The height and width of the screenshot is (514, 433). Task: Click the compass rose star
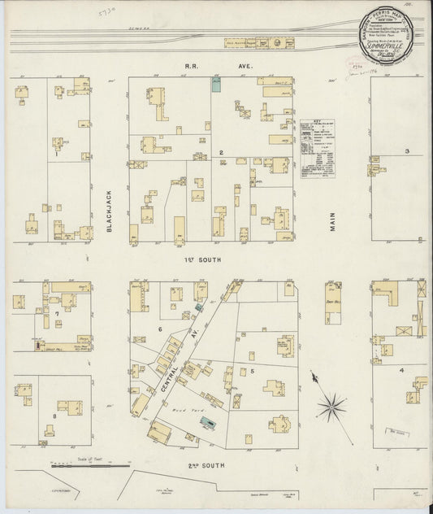[331, 404]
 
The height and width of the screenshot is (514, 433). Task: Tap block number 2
[220, 152]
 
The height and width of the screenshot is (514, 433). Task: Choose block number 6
[160, 329]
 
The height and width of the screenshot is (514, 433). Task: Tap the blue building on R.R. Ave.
[216, 85]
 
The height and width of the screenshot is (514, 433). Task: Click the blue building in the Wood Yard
[209, 421]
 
